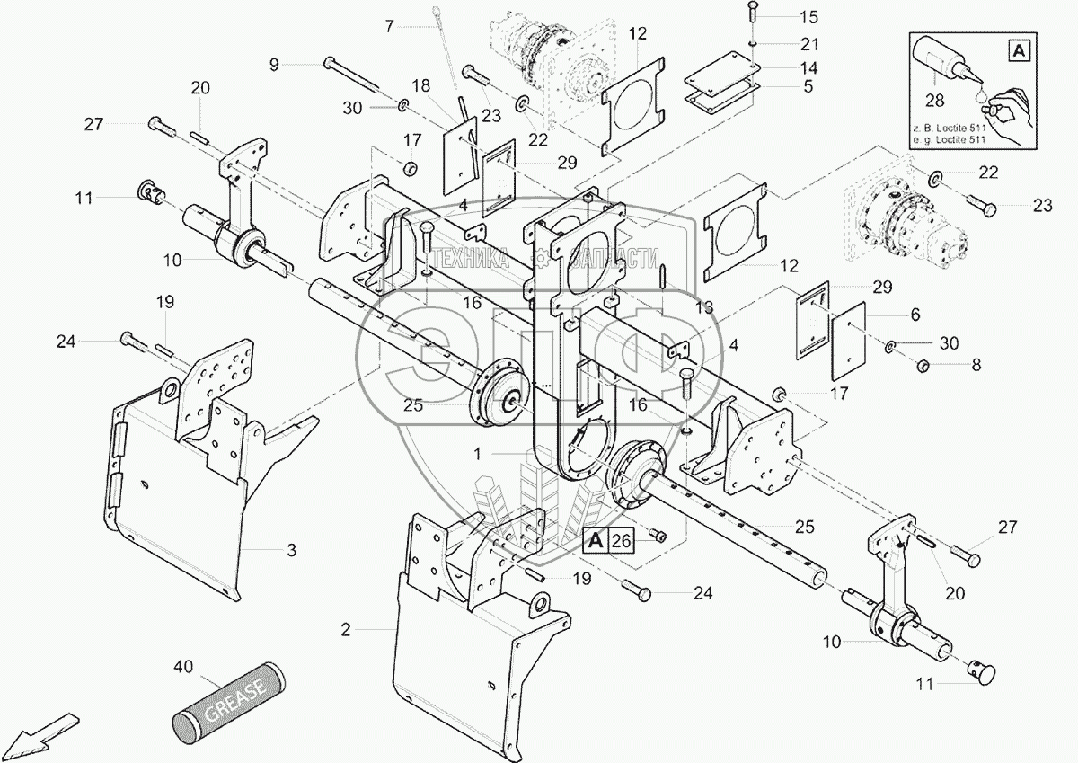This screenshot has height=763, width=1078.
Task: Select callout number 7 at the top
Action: (x=389, y=26)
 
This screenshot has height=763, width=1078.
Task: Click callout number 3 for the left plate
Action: (x=291, y=549)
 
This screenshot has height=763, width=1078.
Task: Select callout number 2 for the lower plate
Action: (x=345, y=630)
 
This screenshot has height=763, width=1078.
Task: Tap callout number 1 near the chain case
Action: (x=479, y=456)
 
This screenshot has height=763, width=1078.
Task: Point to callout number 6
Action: (x=915, y=316)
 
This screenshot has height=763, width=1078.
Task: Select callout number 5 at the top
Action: (x=808, y=87)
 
